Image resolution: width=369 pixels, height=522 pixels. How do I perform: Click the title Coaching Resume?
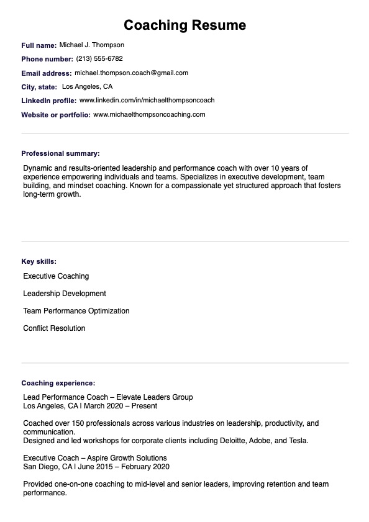pyautogui.click(x=184, y=25)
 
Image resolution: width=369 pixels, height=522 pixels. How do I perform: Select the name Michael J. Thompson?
pyautogui.click(x=91, y=45)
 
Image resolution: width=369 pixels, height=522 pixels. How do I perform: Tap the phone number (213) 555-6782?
pyautogui.click(x=99, y=59)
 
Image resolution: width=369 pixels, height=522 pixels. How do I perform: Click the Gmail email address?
pyautogui.click(x=131, y=73)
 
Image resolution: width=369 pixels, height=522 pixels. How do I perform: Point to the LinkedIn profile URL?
pyautogui.click(x=147, y=100)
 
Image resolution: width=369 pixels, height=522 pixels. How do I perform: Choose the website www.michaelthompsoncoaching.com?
pyautogui.click(x=149, y=114)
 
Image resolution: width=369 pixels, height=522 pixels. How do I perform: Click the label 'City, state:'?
pyautogui.click(x=39, y=87)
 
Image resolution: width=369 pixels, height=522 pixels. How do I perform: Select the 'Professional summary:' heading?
pyautogui.click(x=60, y=153)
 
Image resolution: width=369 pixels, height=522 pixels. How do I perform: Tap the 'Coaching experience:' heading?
pyautogui.click(x=58, y=384)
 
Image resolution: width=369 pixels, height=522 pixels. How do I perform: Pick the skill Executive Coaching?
pyautogui.click(x=56, y=276)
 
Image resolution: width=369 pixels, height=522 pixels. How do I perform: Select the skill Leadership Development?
pyautogui.click(x=65, y=294)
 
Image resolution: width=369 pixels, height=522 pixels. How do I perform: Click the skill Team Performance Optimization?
pyautogui.click(x=76, y=311)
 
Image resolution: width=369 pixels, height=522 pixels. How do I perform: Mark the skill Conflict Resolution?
pyautogui.click(x=54, y=328)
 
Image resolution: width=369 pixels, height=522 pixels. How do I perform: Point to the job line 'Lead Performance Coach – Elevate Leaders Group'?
pyautogui.click(x=107, y=397)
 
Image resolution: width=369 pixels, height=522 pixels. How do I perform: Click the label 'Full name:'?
pyautogui.click(x=39, y=45)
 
